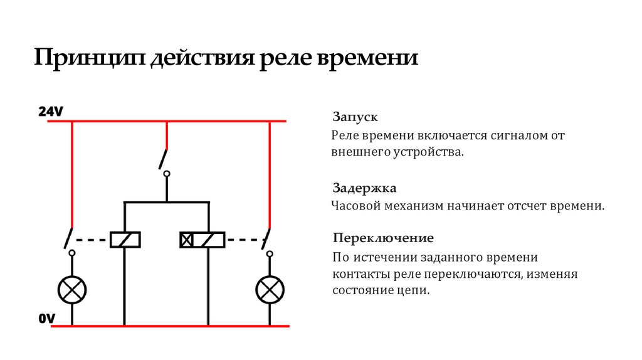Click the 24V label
tap(51, 112)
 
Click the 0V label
tap(47, 319)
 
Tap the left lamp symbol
tap(72, 289)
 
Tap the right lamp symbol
tap(270, 289)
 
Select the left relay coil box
tap(125, 240)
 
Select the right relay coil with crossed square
tap(203, 240)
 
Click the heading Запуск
tap(355, 117)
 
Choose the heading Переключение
tap(383, 238)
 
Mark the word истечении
tap(385, 257)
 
